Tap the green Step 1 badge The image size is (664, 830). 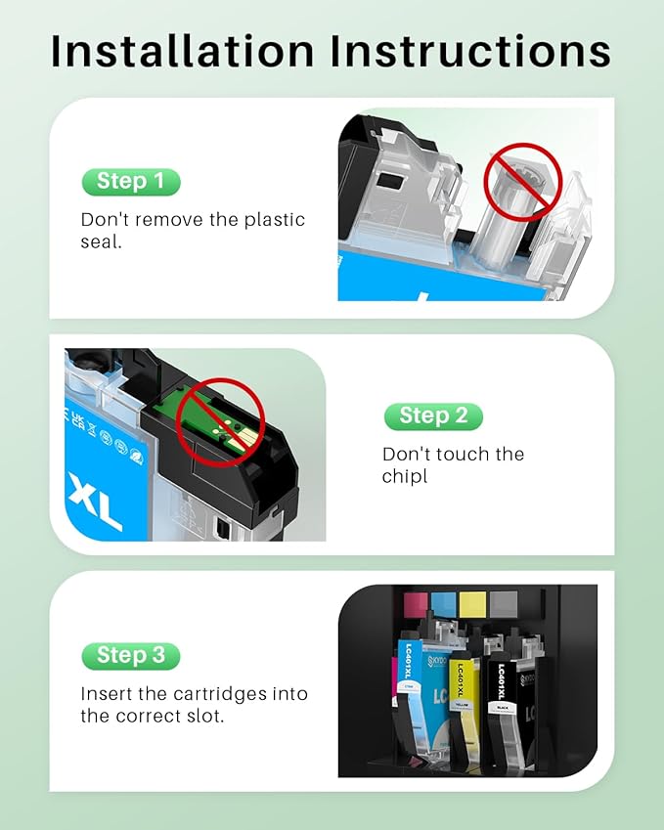tap(130, 182)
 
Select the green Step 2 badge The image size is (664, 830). tap(432, 415)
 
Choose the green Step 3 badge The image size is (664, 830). tap(130, 655)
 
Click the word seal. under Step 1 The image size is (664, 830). tap(101, 241)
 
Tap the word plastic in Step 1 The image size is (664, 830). tap(271, 220)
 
